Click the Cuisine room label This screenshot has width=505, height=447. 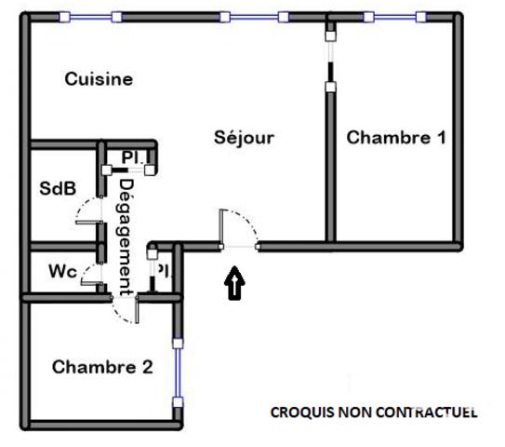98,79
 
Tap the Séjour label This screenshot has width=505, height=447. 244,138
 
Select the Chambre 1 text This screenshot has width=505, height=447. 396,138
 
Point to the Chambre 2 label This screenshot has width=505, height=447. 102,366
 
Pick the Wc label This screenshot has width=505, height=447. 62,272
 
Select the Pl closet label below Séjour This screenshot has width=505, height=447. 162,272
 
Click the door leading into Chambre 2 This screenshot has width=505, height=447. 126,309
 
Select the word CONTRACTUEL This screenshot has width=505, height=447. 425,411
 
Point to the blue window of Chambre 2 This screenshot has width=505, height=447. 176,368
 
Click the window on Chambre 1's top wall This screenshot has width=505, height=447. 395,16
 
